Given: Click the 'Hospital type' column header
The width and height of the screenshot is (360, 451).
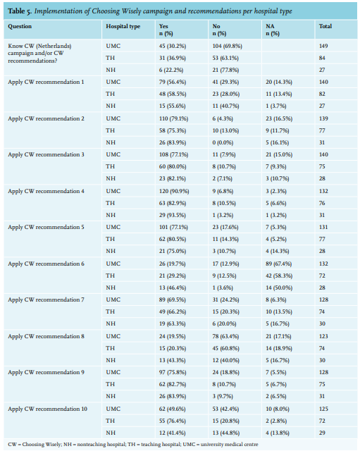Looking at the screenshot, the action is (123, 27).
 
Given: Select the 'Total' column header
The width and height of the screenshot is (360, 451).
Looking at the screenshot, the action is (325, 26).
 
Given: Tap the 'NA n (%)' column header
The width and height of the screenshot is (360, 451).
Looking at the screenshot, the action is (273, 30).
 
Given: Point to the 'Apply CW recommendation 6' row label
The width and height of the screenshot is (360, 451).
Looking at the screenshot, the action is (46, 264).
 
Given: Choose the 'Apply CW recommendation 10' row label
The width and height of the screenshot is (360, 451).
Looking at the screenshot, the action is (47, 409).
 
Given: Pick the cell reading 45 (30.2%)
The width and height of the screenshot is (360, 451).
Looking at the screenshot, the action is (173, 46).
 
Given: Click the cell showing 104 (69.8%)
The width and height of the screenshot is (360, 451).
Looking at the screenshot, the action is (227, 46).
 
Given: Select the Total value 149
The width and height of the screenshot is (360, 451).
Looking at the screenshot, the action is (323, 46).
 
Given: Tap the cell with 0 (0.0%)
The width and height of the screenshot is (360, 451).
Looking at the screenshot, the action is (223, 142).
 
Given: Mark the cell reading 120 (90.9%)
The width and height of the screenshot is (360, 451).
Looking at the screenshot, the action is (174, 191).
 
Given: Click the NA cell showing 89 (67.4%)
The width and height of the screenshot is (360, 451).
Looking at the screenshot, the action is (278, 264).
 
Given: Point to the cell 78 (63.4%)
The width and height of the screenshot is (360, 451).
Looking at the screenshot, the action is (225, 336).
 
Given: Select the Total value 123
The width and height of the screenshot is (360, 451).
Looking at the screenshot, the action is (323, 336).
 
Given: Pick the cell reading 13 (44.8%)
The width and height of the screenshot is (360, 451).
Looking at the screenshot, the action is (226, 433).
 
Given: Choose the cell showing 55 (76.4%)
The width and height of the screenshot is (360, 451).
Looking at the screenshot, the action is (172, 421).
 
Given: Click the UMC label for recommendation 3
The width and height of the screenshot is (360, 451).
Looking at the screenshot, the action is (113, 155).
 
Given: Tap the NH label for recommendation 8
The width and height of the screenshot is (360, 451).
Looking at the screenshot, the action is (111, 360).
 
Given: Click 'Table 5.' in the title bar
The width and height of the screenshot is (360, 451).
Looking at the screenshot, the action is (20, 11).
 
